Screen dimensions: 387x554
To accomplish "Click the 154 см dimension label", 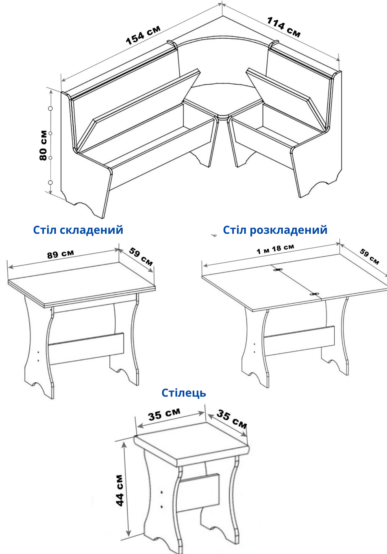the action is pyautogui.click(x=143, y=35).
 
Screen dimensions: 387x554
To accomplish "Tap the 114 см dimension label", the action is pyautogui.click(x=284, y=27).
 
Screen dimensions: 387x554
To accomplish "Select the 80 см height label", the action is pyautogui.click(x=43, y=145).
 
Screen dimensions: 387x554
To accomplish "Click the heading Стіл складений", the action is pyautogui.click(x=78, y=230).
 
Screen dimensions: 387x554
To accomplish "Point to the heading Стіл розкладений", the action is pyautogui.click(x=275, y=230).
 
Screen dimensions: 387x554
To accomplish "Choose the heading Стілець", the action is pyautogui.click(x=184, y=393).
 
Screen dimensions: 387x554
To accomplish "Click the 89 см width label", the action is pyautogui.click(x=61, y=254).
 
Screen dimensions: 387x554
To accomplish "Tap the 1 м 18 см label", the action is pyautogui.click(x=275, y=249).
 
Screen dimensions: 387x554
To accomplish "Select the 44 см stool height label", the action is pyautogui.click(x=120, y=490).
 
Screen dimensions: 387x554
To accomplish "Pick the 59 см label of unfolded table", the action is pyautogui.click(x=369, y=257).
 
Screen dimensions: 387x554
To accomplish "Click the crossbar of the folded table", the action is pyautogui.click(x=86, y=348).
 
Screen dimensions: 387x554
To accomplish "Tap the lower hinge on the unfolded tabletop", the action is pyautogui.click(x=314, y=294).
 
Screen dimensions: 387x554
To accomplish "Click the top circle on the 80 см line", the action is pyautogui.click(x=50, y=109).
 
